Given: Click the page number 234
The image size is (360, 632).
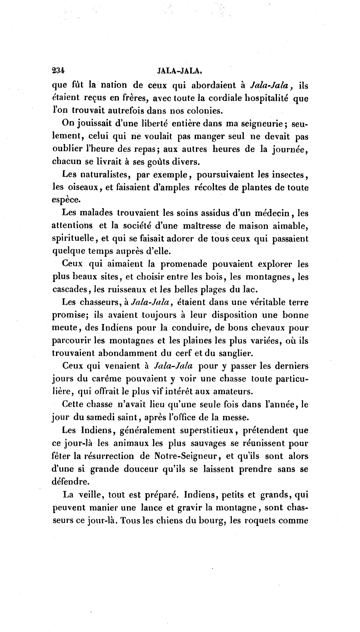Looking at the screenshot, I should pos(59,70).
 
